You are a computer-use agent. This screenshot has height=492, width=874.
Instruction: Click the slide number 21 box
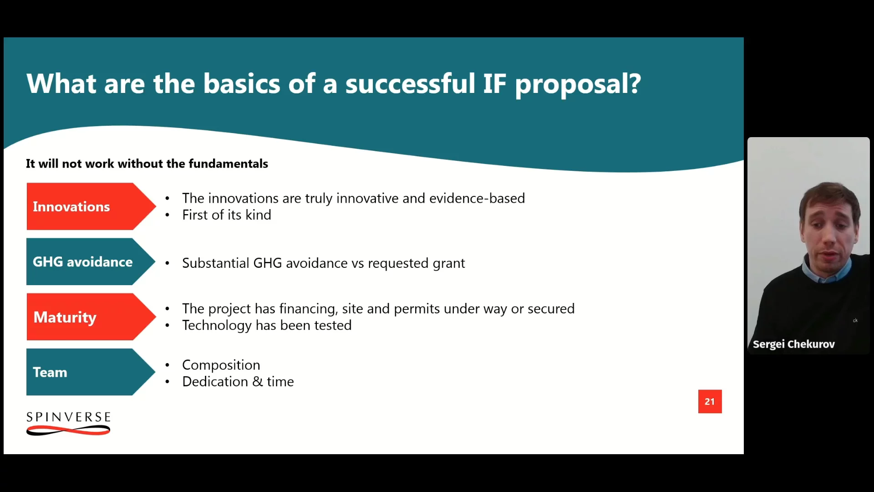point(710,401)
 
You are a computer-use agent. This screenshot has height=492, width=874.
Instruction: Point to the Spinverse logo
point(68,423)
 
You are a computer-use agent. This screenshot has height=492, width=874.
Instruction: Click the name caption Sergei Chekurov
point(793,344)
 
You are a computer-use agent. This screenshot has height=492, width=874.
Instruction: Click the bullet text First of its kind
point(227,215)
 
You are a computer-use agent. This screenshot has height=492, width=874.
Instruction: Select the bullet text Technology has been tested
point(267,325)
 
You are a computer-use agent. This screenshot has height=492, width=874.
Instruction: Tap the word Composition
point(221,365)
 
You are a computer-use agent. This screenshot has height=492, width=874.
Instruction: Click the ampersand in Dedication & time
point(258,382)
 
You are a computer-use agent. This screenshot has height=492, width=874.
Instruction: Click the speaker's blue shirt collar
point(826,271)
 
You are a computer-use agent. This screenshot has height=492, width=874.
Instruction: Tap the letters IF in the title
point(494,84)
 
